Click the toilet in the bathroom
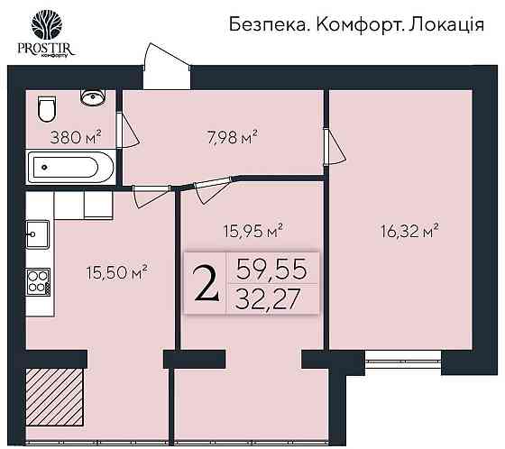point(46,109)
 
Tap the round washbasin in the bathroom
point(90,96)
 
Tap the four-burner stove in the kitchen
point(39,281)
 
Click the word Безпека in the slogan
point(253,25)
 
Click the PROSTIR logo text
point(43,50)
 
